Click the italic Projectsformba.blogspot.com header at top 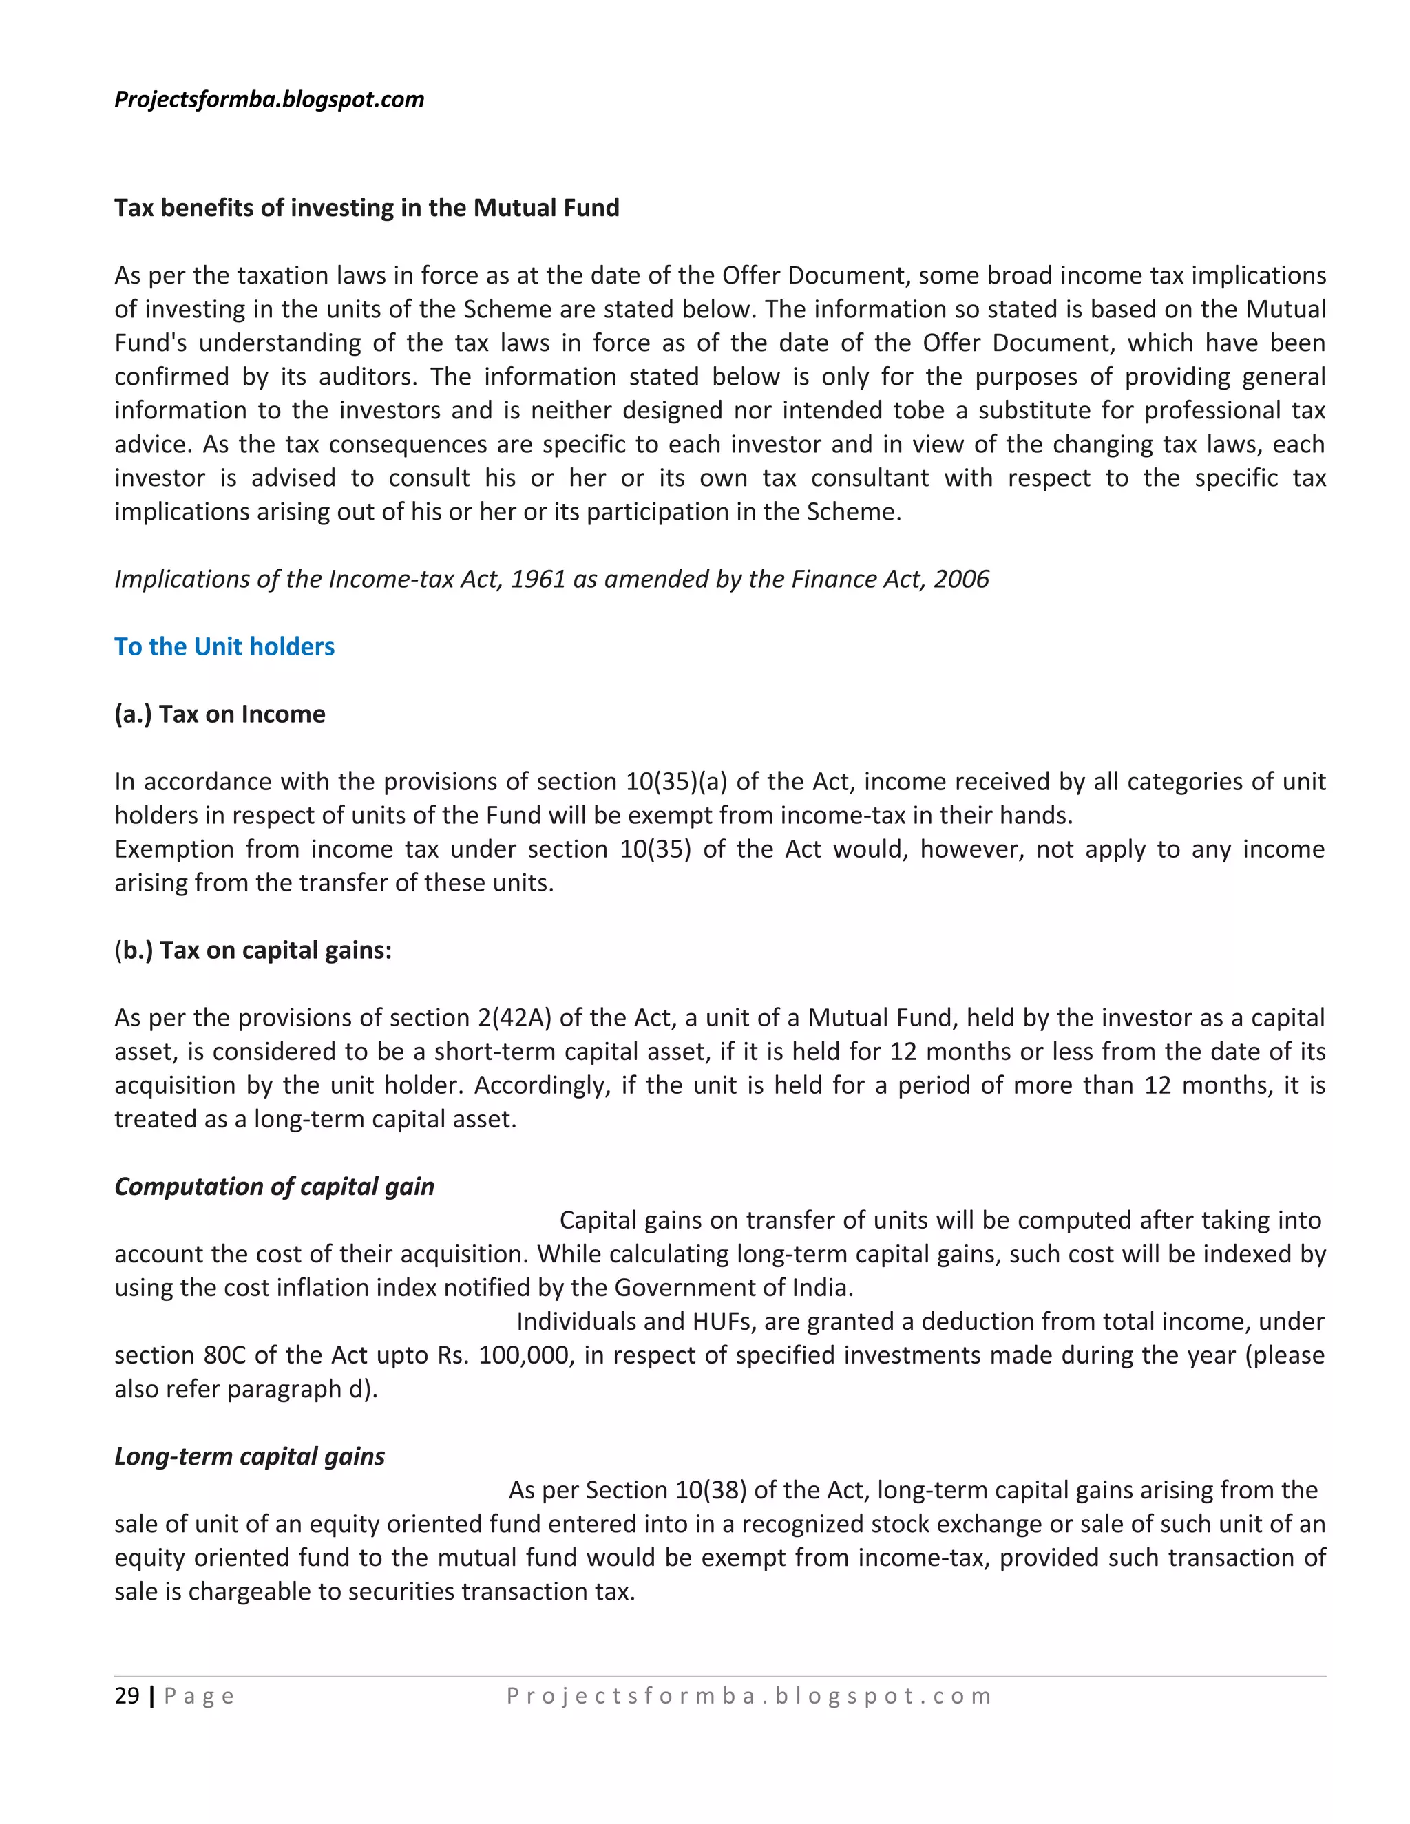pyautogui.click(x=269, y=99)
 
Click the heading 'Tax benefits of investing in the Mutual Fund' pyautogui.click(x=367, y=208)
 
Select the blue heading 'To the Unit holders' pyautogui.click(x=224, y=646)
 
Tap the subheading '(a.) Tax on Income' pyautogui.click(x=220, y=714)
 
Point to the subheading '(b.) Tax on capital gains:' pyautogui.click(x=253, y=951)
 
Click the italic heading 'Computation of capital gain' pyautogui.click(x=274, y=1187)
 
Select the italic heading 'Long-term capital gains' pyautogui.click(x=249, y=1456)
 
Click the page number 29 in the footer pyautogui.click(x=127, y=1696)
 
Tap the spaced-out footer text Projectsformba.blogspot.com pyautogui.click(x=749, y=1696)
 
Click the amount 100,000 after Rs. pyautogui.click(x=524, y=1355)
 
